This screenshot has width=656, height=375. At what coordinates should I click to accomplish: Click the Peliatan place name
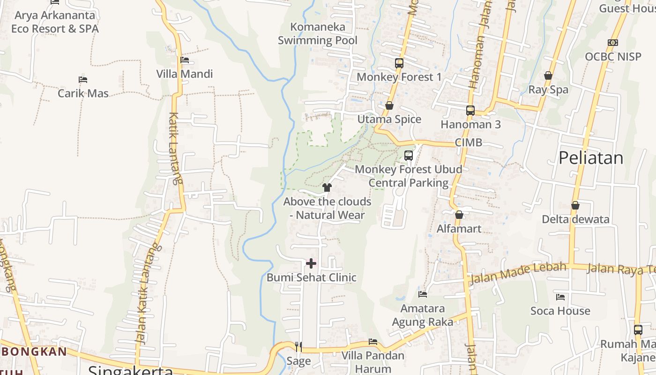(x=591, y=158)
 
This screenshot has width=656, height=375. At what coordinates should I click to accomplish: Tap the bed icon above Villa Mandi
(x=185, y=60)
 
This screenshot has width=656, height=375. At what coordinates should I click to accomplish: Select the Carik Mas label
(x=83, y=93)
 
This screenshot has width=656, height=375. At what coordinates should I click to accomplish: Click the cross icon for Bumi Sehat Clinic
(x=311, y=263)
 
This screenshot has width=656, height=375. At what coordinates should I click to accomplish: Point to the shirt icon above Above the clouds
(x=327, y=187)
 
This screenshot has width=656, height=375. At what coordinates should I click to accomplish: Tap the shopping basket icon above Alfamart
(x=459, y=215)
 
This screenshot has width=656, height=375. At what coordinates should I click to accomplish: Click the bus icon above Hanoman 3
(x=470, y=111)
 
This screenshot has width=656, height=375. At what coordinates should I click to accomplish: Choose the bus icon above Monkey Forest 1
(x=399, y=63)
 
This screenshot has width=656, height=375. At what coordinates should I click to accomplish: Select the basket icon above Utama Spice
(x=389, y=106)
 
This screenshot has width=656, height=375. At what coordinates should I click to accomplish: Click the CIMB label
(x=468, y=142)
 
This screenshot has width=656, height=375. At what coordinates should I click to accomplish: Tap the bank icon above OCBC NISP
(x=612, y=43)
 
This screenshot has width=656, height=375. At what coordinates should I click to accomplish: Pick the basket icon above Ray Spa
(x=548, y=75)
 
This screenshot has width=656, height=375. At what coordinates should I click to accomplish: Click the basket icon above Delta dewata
(x=575, y=205)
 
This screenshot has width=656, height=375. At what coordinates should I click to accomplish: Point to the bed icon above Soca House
(x=560, y=297)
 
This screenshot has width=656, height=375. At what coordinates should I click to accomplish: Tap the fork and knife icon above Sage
(x=298, y=346)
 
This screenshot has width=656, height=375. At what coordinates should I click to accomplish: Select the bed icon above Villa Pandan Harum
(x=373, y=341)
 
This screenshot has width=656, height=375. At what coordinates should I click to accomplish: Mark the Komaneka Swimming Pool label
(x=318, y=33)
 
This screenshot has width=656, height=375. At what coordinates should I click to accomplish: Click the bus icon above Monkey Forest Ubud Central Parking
(x=409, y=155)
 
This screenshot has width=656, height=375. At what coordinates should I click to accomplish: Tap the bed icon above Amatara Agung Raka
(x=423, y=294)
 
